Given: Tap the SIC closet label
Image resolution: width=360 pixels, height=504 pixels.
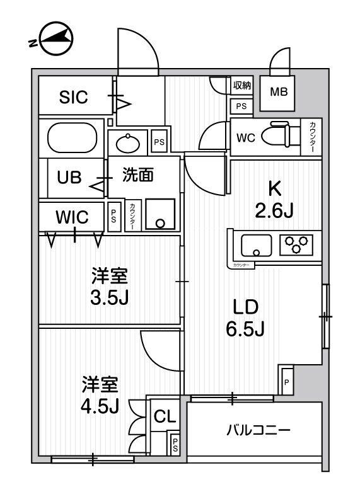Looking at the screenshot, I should [74, 97].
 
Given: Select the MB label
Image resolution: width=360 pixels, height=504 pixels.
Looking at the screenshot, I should [278, 93].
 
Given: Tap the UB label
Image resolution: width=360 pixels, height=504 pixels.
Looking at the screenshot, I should [69, 177].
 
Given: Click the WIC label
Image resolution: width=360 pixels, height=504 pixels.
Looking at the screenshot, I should [71, 217].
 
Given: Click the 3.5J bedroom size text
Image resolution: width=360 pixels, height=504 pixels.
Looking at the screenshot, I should [110, 296].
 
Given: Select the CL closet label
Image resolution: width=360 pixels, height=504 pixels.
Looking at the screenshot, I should [165, 416].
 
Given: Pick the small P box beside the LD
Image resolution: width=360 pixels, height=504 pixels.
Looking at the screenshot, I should [286, 382].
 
